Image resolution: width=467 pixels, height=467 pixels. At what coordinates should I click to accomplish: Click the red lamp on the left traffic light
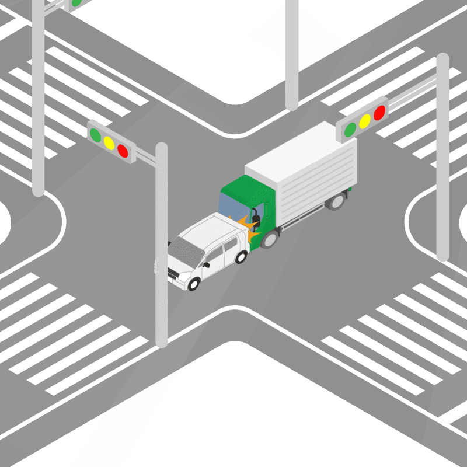[123, 150]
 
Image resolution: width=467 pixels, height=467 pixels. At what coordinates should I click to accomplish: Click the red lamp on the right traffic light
[379, 112]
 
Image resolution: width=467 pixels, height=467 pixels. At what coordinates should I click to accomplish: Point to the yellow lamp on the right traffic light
[365, 121]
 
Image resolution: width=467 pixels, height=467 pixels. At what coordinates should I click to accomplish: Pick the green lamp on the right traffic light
[350, 130]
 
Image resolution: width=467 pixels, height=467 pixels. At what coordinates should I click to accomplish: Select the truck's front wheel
[269, 238]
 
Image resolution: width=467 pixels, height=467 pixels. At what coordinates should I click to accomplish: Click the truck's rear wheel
[336, 202]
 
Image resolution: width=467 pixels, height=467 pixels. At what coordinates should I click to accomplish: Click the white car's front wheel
[193, 284]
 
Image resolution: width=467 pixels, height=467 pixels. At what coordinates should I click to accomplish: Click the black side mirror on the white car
[206, 264]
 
